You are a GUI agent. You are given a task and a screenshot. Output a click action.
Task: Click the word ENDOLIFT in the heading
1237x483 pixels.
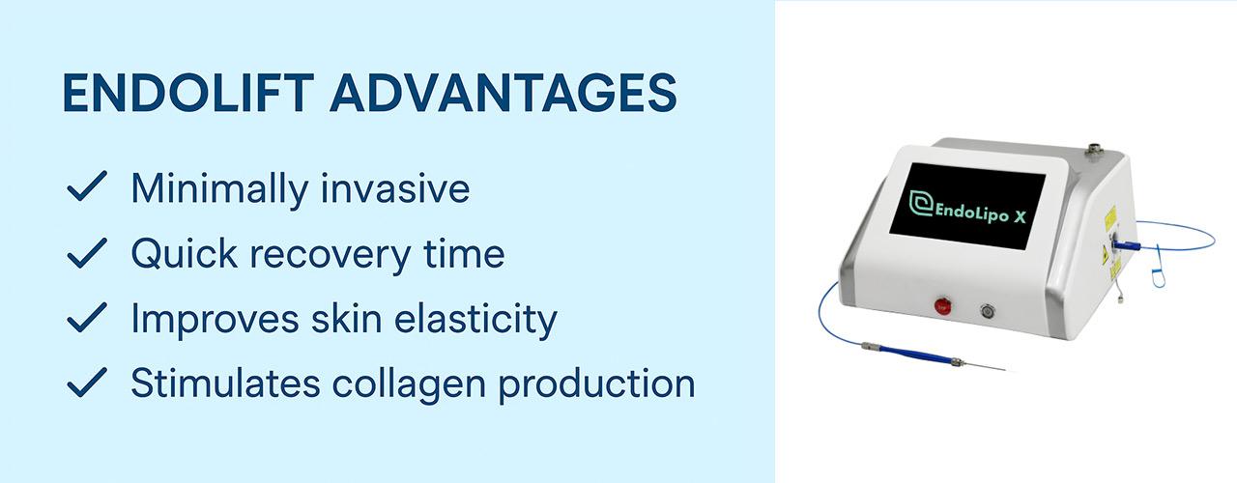pyautogui.click(x=188, y=92)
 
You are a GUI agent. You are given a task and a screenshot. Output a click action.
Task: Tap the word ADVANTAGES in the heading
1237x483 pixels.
pyautogui.click(x=503, y=92)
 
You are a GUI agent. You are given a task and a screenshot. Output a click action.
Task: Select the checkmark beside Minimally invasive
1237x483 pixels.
pyautogui.click(x=87, y=186)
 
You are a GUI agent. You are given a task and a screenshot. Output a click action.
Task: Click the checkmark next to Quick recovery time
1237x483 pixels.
pyautogui.click(x=87, y=253)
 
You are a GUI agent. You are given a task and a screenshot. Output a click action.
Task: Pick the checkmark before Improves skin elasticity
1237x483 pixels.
pyautogui.click(x=87, y=318)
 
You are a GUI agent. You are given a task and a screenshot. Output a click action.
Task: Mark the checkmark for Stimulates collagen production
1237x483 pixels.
pyautogui.click(x=87, y=382)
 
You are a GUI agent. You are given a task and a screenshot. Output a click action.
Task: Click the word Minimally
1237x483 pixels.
pyautogui.click(x=219, y=190)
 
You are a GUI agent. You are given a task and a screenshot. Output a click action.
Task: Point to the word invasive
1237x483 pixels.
pyautogui.click(x=395, y=188)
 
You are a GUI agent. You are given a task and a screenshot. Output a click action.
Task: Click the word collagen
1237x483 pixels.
pyautogui.click(x=409, y=384)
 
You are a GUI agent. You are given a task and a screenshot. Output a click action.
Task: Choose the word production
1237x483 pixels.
pyautogui.click(x=597, y=384)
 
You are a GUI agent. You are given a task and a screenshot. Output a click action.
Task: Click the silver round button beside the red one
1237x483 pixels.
pyautogui.click(x=988, y=311)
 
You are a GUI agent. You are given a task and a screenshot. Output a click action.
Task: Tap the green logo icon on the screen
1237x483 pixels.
pyautogui.click(x=921, y=203)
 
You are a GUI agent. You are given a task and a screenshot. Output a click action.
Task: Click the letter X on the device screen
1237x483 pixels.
pyautogui.click(x=1019, y=217)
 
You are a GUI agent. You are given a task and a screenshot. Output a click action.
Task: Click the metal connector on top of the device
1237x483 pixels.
pyautogui.click(x=1092, y=149)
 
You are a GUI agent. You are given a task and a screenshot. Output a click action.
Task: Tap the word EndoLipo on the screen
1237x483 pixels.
pyautogui.click(x=971, y=213)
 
